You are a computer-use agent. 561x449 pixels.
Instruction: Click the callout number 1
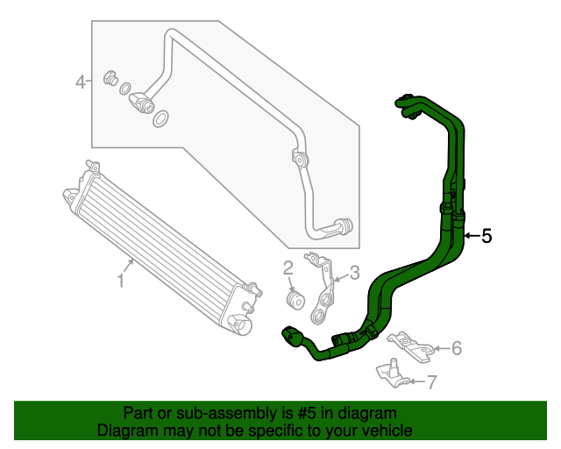point(121,282)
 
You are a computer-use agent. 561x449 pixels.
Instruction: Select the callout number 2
point(288,267)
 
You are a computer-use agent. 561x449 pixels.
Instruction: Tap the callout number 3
point(354,274)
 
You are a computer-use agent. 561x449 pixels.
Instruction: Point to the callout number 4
point(80,82)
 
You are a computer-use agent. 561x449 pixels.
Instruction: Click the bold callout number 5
point(487,235)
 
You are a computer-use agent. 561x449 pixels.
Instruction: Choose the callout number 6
point(456,349)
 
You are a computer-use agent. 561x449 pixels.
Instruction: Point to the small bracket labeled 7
point(394,373)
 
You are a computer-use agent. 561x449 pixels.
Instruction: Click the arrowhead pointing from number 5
point(466,235)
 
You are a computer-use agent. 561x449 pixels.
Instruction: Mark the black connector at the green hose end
point(293,336)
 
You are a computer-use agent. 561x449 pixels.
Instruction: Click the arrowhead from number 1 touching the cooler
point(132,260)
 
